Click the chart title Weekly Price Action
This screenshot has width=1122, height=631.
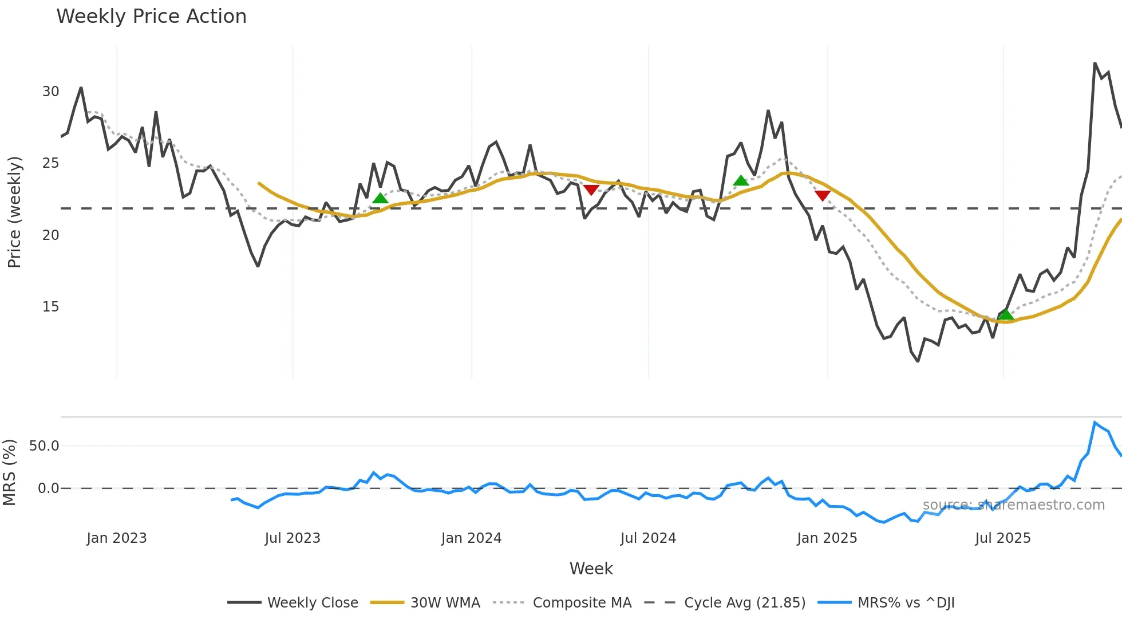[x=151, y=17]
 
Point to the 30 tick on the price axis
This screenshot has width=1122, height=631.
[x=50, y=92]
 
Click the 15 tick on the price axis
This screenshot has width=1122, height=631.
[x=50, y=307]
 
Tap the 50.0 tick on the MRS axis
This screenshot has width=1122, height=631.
[x=44, y=446]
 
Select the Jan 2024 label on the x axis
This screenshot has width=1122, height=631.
[x=471, y=538]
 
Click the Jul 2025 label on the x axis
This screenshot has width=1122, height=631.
[x=1002, y=538]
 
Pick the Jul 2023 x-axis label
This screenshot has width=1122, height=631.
[x=293, y=538]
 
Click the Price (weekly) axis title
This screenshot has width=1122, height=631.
[x=14, y=212]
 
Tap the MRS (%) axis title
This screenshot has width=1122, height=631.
[x=10, y=472]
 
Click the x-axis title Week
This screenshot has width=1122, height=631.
[x=591, y=569]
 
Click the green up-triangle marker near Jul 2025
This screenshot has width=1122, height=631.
[x=1006, y=314]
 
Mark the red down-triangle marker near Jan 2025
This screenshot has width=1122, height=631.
[x=823, y=195]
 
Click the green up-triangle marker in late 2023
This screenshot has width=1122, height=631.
[x=380, y=198]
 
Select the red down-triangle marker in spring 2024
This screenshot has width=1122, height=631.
[x=591, y=190]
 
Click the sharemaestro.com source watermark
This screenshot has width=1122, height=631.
[x=1013, y=505]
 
